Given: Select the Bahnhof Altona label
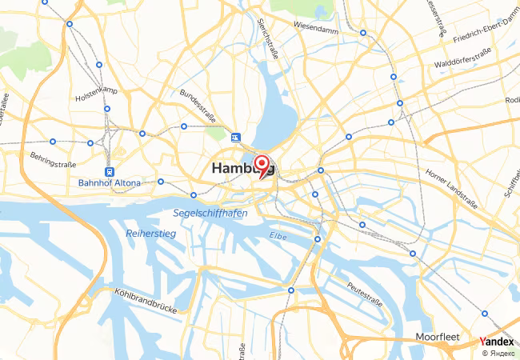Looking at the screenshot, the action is [109, 183].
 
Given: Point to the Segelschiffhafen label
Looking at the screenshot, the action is [210, 214].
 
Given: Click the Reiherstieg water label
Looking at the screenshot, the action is [150, 233].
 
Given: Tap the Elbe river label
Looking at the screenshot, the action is [278, 235].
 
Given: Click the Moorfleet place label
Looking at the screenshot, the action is [438, 337].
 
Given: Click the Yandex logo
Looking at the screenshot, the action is [496, 341].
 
